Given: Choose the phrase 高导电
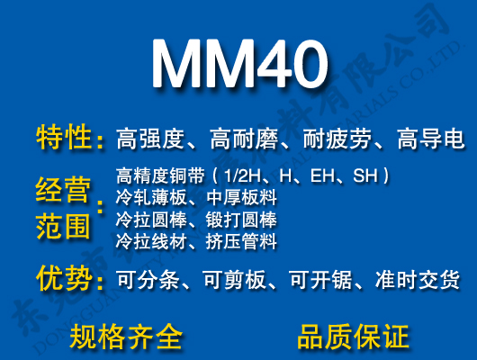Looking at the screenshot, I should [x=430, y=139].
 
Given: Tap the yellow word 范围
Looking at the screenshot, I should [x=63, y=225].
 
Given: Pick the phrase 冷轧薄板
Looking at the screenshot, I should [x=148, y=197].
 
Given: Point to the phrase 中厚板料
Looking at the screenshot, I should [x=241, y=197].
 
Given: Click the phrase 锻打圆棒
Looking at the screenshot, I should [x=241, y=220].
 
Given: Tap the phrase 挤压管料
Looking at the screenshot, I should [x=241, y=241].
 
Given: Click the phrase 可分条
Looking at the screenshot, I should [x=148, y=281].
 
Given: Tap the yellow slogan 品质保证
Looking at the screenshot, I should [x=353, y=336].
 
